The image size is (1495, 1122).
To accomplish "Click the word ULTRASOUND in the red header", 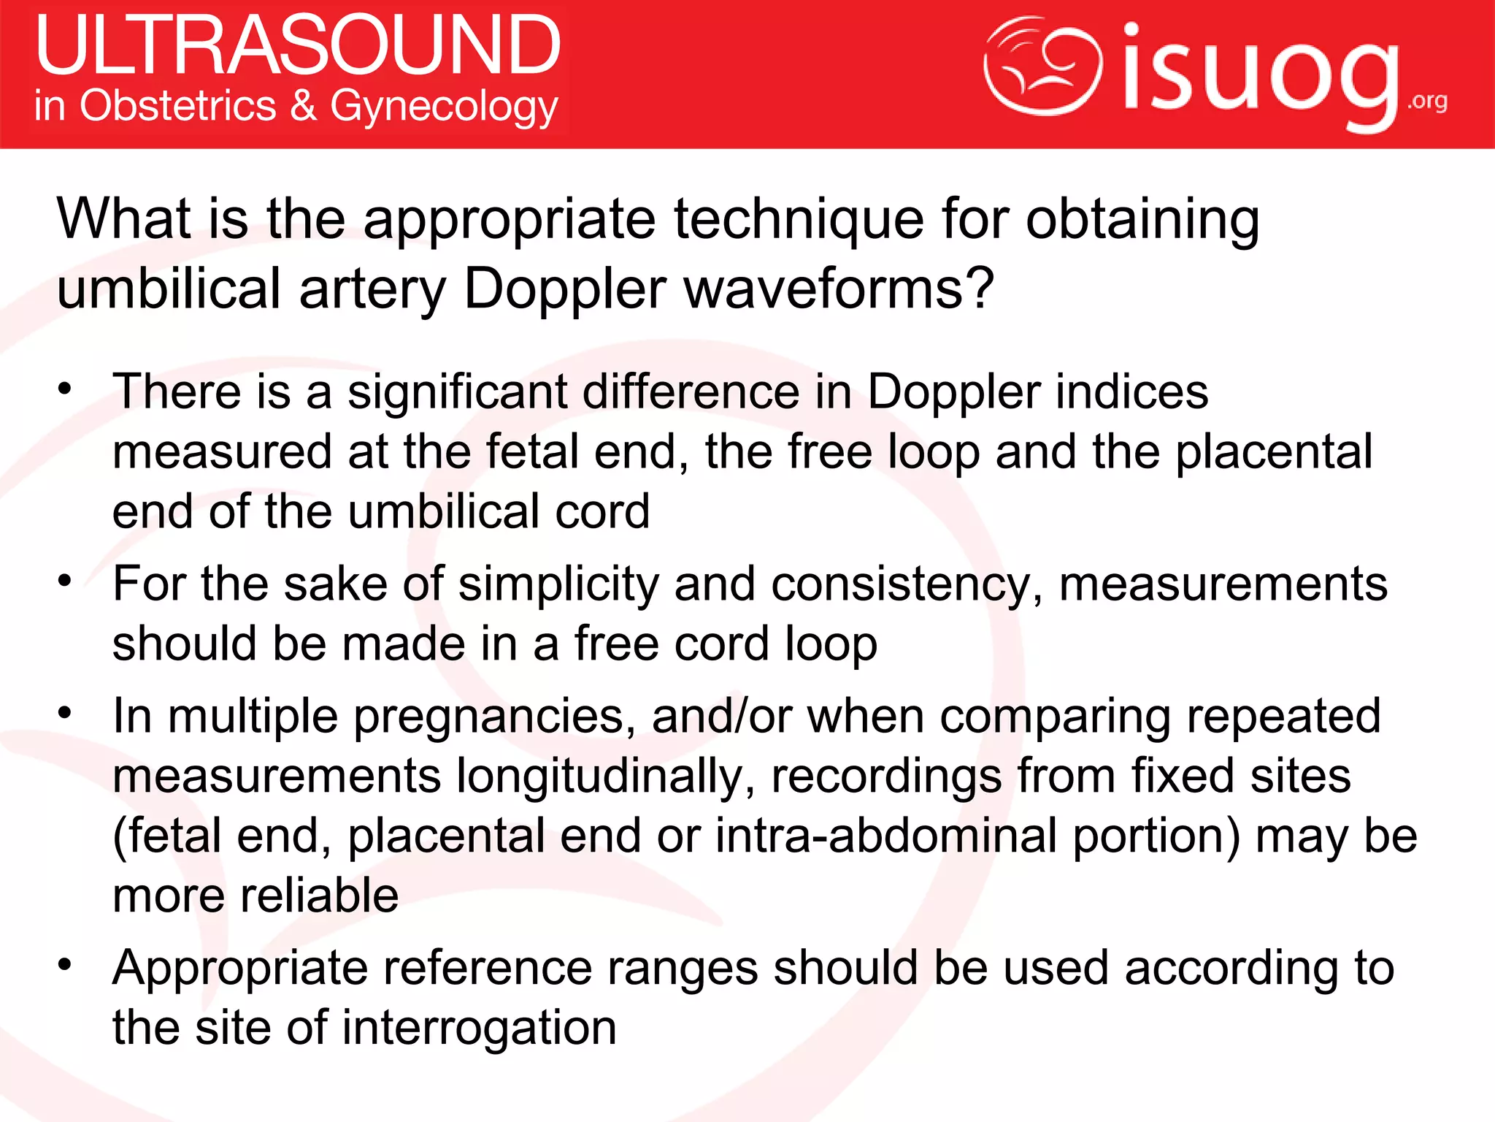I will (298, 45).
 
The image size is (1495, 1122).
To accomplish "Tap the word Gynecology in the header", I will (444, 107).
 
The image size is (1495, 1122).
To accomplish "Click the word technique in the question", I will (799, 218).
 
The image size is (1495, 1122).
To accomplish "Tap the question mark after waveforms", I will (980, 288).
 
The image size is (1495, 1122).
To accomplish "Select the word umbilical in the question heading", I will (169, 288).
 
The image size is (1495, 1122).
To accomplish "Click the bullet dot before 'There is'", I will (66, 388).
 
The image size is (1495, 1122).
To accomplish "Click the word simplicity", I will (558, 584).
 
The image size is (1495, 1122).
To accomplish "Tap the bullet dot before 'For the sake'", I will (66, 581).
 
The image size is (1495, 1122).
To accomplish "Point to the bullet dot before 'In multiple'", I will (66, 712).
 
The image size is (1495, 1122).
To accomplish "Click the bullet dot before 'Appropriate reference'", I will (66, 964).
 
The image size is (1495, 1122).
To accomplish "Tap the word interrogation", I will (479, 1028).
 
